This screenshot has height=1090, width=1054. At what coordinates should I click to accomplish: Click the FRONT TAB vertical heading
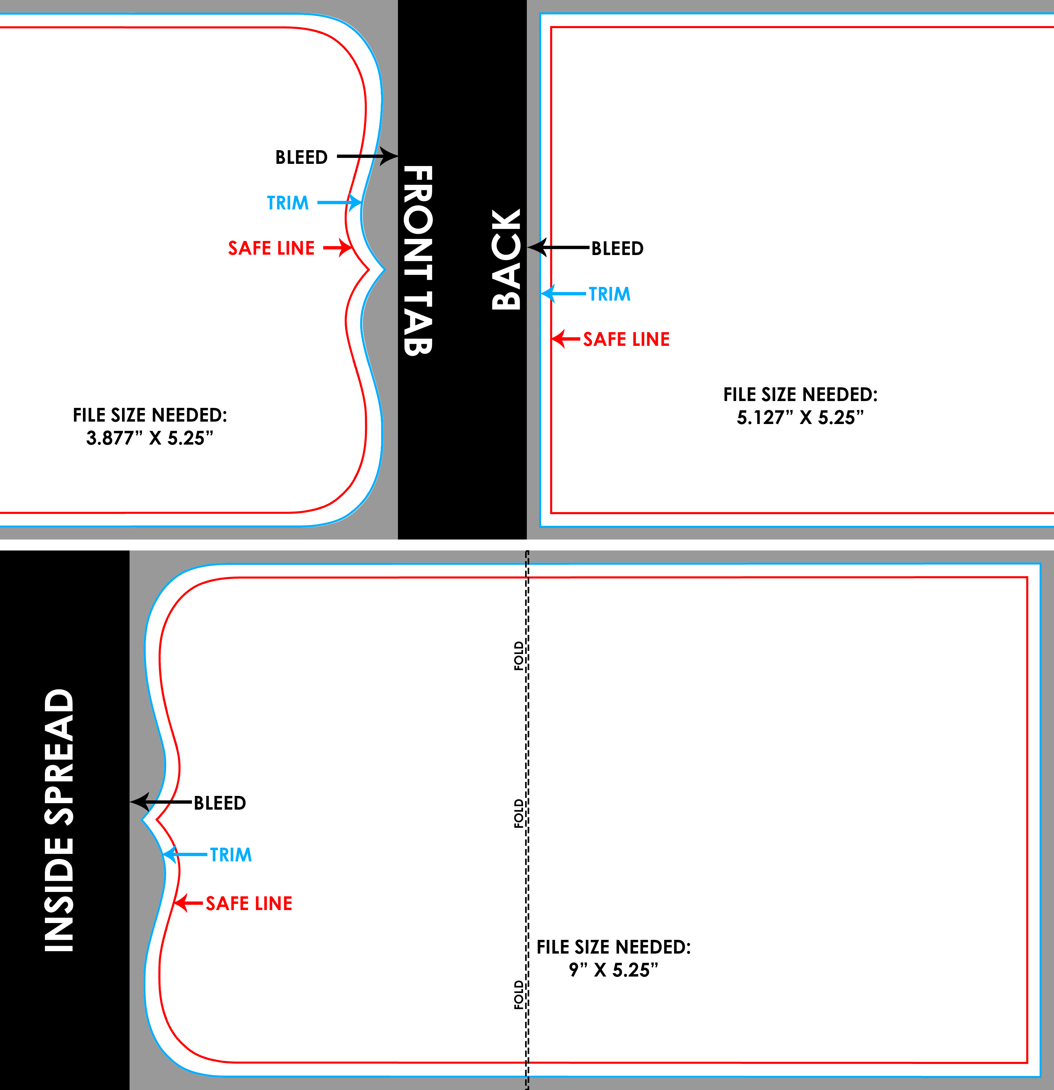point(418,260)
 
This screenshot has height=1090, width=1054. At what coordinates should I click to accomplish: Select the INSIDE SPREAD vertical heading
point(59,820)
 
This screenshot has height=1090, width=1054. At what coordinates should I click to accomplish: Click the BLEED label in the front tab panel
point(301,157)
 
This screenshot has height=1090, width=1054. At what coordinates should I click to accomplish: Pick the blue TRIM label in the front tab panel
point(288,203)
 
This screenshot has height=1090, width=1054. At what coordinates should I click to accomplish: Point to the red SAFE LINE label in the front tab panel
point(271,248)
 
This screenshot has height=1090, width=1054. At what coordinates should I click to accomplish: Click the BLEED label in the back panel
point(617,249)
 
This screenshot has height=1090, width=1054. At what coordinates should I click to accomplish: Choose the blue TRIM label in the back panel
point(609,294)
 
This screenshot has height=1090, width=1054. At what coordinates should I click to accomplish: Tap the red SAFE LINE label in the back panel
point(626,339)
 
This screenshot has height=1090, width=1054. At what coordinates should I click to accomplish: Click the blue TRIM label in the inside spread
point(231,855)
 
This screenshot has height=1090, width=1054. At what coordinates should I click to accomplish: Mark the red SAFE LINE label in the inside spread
point(249,903)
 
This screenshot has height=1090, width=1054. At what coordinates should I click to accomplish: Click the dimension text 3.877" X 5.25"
point(150,438)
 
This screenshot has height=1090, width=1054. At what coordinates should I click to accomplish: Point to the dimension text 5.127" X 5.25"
point(800,417)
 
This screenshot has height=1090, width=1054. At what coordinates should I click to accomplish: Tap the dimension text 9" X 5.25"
point(614,970)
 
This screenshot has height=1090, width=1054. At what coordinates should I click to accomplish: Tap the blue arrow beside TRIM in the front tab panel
point(340,203)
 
